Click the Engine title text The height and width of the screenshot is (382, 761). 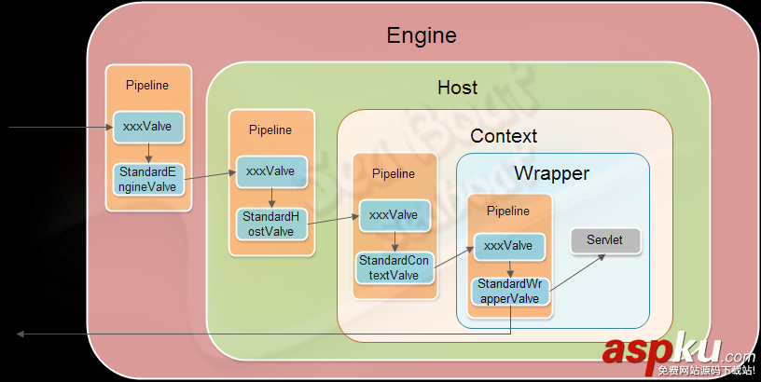[x=422, y=36]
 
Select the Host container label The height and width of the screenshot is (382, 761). [x=457, y=88]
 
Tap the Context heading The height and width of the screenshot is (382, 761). [x=504, y=136]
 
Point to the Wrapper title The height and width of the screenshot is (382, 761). [x=552, y=173]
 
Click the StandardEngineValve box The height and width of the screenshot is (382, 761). [x=147, y=179]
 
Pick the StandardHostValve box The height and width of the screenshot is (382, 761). [x=270, y=224]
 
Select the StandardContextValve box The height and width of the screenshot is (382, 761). [x=394, y=268]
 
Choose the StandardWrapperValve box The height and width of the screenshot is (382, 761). [x=508, y=291]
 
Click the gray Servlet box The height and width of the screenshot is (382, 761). [x=605, y=240]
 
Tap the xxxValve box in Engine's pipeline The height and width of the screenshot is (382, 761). [x=147, y=127]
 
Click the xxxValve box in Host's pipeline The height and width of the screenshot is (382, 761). [x=270, y=171]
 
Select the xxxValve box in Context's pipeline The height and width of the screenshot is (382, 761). [x=394, y=215]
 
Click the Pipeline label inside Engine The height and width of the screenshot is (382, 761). [x=147, y=86]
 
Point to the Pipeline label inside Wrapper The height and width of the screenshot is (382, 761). [x=508, y=211]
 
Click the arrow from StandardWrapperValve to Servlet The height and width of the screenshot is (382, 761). [x=574, y=273]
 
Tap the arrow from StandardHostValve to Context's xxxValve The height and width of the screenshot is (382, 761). [x=332, y=220]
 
